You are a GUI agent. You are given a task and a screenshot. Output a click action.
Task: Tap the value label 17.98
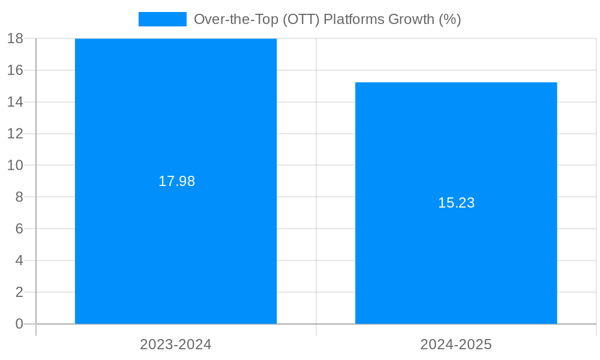coord(176,181)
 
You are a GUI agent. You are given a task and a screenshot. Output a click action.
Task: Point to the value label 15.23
coord(456,203)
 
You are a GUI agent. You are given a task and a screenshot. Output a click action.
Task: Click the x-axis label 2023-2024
coord(176,344)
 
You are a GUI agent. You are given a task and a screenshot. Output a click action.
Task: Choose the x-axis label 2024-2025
coord(456,344)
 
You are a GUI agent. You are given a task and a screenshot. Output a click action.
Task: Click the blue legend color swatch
coord(162,19)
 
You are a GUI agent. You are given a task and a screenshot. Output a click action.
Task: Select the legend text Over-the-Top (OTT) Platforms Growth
coord(327,19)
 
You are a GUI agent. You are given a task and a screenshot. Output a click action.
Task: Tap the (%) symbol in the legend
coord(449,19)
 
